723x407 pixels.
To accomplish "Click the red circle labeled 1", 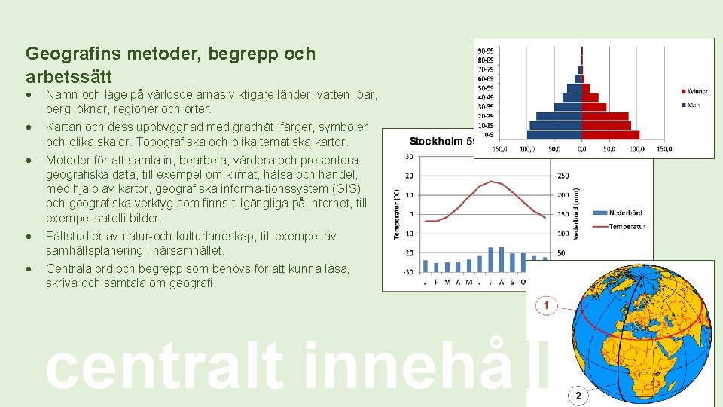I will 546,306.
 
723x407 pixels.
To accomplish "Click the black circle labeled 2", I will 577,396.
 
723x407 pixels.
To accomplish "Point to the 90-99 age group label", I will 487,51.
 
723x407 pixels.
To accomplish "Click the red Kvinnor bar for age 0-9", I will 611,135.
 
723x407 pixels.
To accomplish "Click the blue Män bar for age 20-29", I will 558,116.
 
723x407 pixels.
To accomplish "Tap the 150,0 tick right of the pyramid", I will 664,149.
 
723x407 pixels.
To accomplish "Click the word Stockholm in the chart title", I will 436,141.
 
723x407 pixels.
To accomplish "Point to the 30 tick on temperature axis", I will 409,157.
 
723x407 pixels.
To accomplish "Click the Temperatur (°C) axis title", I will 396,214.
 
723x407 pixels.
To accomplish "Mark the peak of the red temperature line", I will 491,181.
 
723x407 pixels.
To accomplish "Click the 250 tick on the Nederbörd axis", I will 563,176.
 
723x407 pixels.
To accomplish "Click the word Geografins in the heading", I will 64,54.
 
